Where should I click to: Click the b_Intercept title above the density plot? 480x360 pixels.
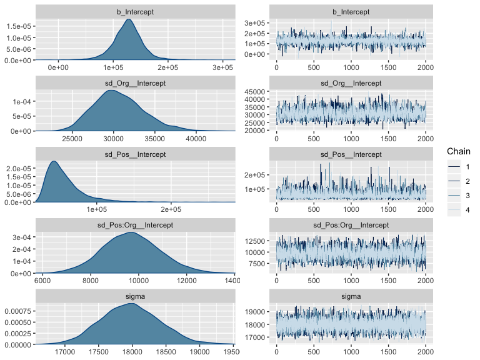click(136, 12)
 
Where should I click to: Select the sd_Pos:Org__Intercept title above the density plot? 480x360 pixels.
click(136, 225)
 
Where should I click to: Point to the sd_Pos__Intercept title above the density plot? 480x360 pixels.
click(136, 154)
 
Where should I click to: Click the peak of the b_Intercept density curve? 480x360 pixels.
click(128, 19)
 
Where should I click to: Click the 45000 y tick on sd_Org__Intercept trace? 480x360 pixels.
click(256, 91)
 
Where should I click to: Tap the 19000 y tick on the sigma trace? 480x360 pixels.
click(256, 311)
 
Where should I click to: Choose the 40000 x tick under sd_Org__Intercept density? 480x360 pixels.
click(196, 139)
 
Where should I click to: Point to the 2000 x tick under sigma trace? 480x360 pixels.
click(425, 351)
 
